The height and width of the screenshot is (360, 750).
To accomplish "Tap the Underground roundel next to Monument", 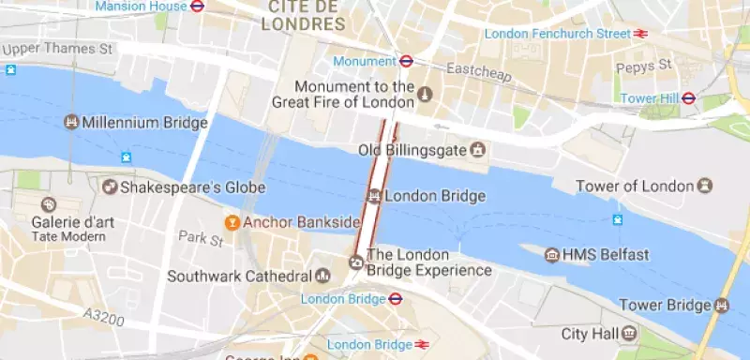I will pos(407,61).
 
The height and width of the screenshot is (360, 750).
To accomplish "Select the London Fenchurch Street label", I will pos(557,34).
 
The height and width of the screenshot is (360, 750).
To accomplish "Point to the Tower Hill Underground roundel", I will pos(688,97).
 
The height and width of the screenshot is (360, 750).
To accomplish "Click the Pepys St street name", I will pos(644,66).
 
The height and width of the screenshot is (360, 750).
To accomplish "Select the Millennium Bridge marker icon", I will pos(70,122).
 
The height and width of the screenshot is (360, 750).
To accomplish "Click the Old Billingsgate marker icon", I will pos(478,150).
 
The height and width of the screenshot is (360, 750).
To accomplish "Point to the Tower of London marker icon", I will pos(704,186).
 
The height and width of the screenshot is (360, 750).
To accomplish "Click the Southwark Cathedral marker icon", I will pos(323,277).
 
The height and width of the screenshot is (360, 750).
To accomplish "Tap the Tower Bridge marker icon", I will pos(721,305).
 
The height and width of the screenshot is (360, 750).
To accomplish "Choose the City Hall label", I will pos(586,334).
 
